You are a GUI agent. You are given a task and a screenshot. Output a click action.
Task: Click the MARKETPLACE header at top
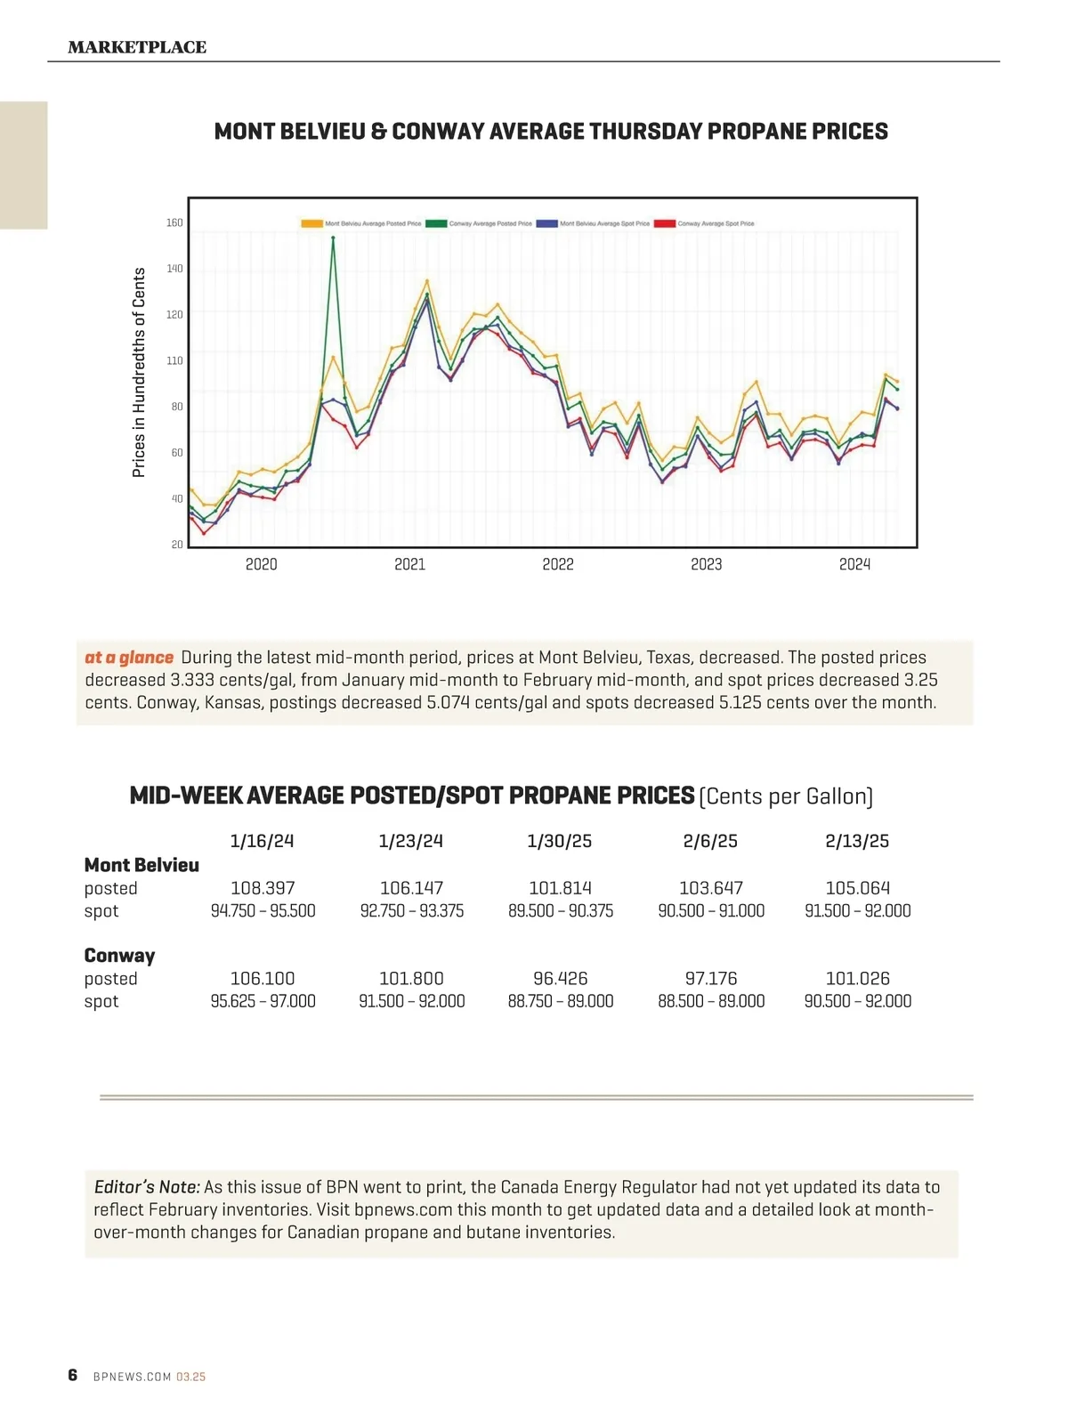coord(137,47)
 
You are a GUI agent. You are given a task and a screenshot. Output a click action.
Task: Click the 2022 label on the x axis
coord(558,564)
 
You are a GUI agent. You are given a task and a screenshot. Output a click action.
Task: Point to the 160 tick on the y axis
coord(174,222)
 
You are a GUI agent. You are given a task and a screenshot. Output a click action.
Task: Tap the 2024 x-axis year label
coord(854,564)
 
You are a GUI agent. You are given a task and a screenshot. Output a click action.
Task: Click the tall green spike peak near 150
coord(333,238)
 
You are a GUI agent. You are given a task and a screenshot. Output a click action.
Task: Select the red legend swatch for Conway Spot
coord(665,223)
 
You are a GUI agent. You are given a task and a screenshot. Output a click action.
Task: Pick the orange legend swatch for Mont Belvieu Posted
coord(311,223)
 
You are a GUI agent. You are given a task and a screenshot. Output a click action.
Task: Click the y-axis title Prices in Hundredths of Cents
coord(139,372)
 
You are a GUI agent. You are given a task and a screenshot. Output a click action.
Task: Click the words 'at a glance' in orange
coord(129,658)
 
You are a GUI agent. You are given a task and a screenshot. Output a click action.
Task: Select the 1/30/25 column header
coord(559,841)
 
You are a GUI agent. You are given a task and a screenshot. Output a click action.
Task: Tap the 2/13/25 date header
coord(857,841)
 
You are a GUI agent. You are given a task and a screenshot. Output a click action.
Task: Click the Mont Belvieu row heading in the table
coord(142,865)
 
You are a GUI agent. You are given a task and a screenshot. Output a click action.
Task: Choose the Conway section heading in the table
coord(119,956)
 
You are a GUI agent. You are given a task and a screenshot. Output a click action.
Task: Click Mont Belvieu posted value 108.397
coord(263,888)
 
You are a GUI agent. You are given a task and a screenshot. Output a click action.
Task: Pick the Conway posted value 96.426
coord(561,978)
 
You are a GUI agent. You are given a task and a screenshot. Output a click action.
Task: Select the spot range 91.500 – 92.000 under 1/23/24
coord(411,1001)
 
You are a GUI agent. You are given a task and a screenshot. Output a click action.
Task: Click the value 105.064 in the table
coord(857,888)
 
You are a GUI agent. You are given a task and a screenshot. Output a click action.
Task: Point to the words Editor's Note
coord(147,1187)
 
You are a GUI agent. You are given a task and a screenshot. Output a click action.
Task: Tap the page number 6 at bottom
coord(73,1375)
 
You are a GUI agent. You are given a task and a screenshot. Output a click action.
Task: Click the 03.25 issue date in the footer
coord(190,1377)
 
